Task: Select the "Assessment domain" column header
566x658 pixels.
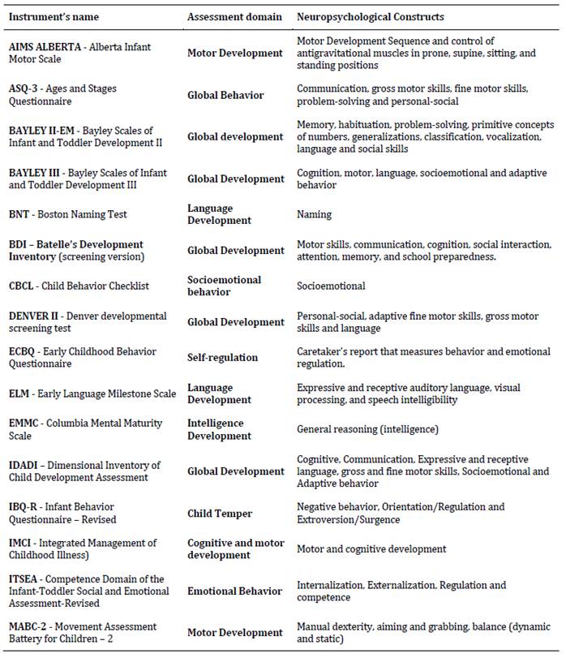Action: point(234,17)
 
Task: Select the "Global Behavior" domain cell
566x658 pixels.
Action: point(225,95)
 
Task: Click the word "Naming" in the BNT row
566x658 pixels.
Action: point(314,215)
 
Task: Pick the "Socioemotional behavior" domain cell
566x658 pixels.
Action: point(225,286)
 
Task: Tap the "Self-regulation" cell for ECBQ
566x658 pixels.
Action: point(222,358)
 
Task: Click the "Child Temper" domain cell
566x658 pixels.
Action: point(220,513)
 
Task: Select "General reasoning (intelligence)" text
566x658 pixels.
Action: point(367,429)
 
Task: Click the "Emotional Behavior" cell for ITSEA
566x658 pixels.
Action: point(234,591)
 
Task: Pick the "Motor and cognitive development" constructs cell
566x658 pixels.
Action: point(371,549)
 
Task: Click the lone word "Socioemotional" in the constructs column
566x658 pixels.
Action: point(331,286)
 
